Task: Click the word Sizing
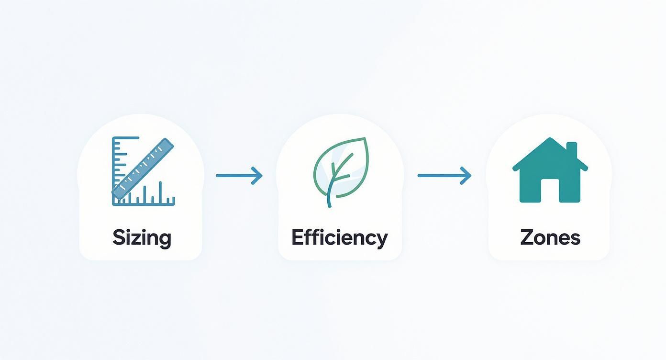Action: [x=142, y=238]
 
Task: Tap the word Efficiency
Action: [x=340, y=238]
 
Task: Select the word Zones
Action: [x=550, y=237]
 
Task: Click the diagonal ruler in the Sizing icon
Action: [x=143, y=169]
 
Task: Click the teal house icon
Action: [x=550, y=170]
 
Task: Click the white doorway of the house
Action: [x=550, y=191]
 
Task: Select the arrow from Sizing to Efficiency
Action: [x=239, y=176]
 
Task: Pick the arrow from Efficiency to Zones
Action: [x=444, y=176]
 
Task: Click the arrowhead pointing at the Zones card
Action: [x=466, y=176]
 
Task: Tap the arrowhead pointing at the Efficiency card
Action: [x=257, y=176]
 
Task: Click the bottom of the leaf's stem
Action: [x=330, y=206]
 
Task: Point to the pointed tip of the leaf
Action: [x=365, y=138]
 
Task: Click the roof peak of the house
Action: [x=550, y=138]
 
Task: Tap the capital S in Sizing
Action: [x=118, y=237]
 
